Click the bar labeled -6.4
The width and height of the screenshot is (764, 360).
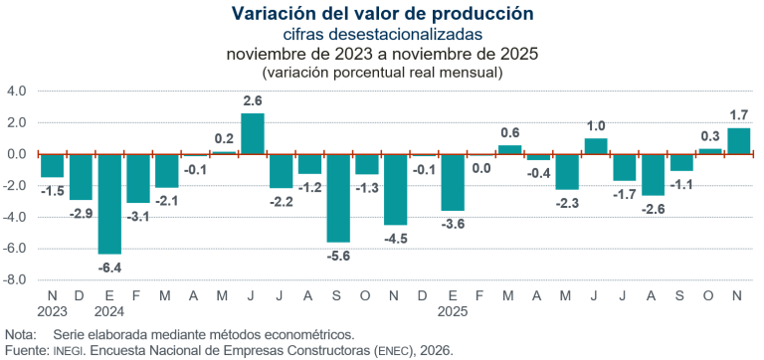pyautogui.click(x=109, y=204)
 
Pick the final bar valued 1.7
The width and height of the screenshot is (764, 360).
pyautogui.click(x=738, y=141)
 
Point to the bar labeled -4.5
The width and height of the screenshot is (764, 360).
pyautogui.click(x=396, y=189)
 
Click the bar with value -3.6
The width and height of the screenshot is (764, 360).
pyautogui.click(x=453, y=182)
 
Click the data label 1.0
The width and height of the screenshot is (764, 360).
pyautogui.click(x=596, y=125)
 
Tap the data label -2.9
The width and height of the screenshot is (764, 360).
pyautogui.click(x=81, y=214)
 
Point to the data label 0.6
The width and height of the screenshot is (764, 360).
pyautogui.click(x=510, y=132)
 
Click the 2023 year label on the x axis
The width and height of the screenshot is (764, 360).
pyautogui.click(x=52, y=310)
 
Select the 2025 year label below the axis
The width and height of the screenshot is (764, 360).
pyautogui.click(x=453, y=310)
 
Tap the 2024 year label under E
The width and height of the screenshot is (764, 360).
pyautogui.click(x=109, y=310)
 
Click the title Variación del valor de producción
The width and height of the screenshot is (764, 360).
pyautogui.click(x=382, y=13)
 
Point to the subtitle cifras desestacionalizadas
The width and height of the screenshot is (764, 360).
pyautogui.click(x=382, y=34)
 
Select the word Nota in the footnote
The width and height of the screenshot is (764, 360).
pyautogui.click(x=20, y=334)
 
